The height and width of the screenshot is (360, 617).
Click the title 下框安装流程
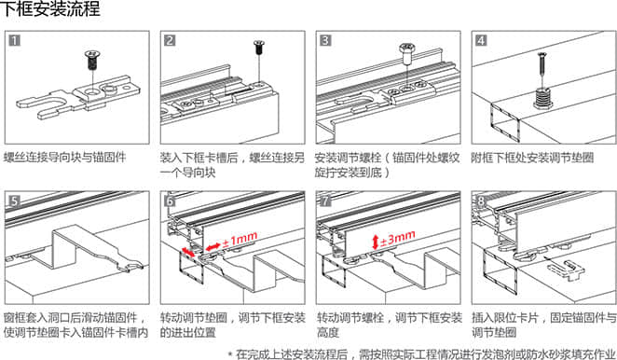coord(50,9)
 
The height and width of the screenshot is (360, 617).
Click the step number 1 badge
coord(15,40)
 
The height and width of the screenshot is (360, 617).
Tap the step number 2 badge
coord(170,40)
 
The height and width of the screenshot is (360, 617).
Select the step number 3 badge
coord(325,40)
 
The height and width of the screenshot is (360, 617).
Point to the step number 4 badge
coord(481,40)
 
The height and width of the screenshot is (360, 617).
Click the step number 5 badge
coord(15,201)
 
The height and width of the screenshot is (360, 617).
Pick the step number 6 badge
coord(170,201)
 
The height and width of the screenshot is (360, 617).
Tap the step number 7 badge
coord(325,201)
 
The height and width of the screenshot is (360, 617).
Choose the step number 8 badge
coord(481,201)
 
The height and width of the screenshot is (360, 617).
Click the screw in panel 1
coord(92,60)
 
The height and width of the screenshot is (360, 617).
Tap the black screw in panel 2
coord(258,48)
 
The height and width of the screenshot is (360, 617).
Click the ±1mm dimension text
coord(240,240)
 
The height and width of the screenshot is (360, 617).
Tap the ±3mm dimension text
coord(397,238)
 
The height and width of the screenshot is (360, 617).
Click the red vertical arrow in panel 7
coord(375,242)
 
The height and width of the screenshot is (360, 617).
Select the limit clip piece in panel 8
coord(566,270)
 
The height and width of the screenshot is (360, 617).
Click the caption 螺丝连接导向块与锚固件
coord(64,158)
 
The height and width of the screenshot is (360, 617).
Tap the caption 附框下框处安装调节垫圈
coord(532,158)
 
